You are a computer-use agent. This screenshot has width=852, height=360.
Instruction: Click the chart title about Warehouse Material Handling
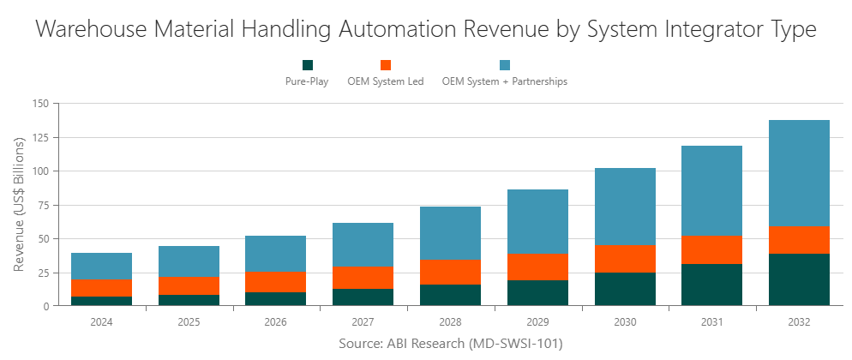[426, 29]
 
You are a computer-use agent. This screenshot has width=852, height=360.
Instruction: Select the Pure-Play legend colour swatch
[308, 65]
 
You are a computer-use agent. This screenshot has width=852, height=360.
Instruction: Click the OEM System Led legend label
[385, 82]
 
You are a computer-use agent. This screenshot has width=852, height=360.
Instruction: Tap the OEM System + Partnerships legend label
[504, 82]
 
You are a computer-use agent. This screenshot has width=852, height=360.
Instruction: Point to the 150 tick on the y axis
[40, 104]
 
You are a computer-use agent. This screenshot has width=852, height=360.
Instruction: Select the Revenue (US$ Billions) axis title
[19, 205]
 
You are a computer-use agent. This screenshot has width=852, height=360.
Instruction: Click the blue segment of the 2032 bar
[799, 172]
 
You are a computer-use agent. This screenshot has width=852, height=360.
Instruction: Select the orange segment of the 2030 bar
[625, 258]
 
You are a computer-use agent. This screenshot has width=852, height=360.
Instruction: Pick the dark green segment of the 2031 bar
[711, 285]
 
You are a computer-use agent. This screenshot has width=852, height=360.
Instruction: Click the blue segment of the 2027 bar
[363, 244]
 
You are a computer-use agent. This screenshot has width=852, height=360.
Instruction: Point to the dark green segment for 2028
[450, 295]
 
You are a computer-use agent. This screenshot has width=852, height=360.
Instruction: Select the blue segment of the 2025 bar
[189, 261]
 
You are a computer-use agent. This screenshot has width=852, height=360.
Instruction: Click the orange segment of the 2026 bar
[276, 282]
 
